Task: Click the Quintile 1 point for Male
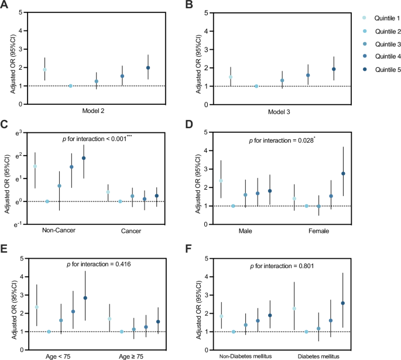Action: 221,181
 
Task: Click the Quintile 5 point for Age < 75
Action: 85,298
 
